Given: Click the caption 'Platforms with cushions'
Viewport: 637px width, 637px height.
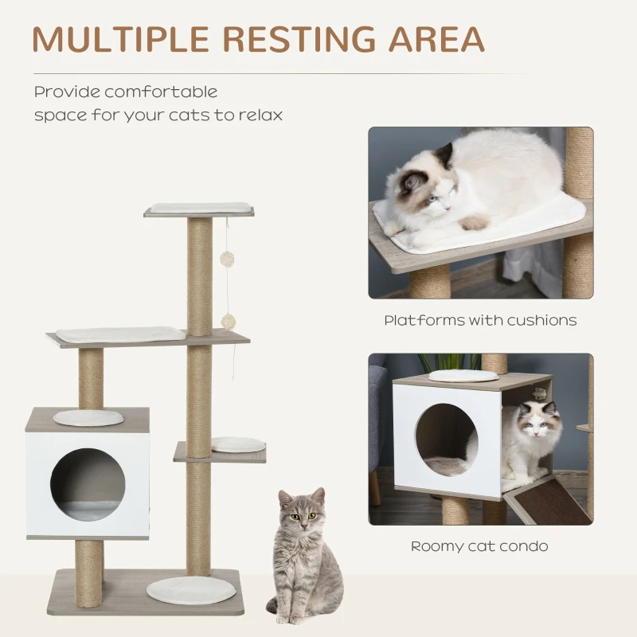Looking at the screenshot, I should click(x=480, y=321).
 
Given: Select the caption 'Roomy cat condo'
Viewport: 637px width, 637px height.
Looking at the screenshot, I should click(x=479, y=546).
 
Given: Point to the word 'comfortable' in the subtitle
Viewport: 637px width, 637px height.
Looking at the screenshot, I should click(x=161, y=92).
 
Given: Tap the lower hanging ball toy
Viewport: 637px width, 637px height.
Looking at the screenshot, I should click(x=228, y=320).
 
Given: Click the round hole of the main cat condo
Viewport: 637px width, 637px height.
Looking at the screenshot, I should click(x=88, y=483).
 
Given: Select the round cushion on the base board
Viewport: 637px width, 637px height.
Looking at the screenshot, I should click(x=191, y=590).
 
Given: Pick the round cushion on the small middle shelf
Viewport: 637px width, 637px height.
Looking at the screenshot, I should click(x=239, y=444).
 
